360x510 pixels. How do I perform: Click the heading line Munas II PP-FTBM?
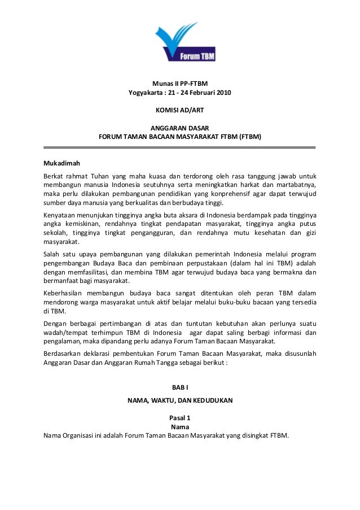coord(180,84)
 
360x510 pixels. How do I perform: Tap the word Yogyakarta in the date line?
coord(145,93)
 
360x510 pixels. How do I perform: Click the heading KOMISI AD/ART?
coord(180,109)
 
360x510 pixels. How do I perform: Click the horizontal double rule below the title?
coord(180,146)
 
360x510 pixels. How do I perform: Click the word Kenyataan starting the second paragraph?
coord(60,215)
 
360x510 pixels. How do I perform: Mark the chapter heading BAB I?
coord(180,387)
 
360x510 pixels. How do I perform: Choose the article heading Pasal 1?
coord(180,417)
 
